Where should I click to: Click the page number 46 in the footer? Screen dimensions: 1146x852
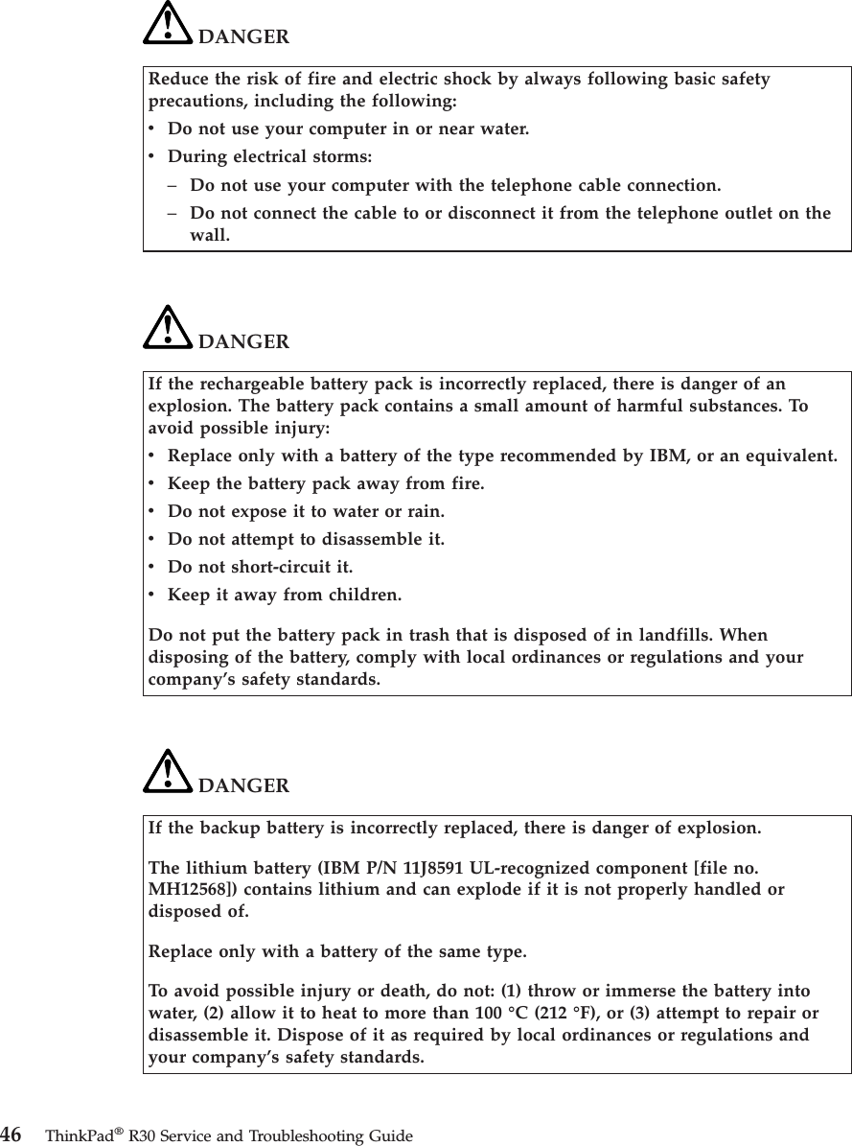pyautogui.click(x=12, y=1135)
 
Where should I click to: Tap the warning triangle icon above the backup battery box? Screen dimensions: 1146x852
pyautogui.click(x=167, y=772)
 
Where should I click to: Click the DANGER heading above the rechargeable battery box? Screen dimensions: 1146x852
pyautogui.click(x=243, y=341)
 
